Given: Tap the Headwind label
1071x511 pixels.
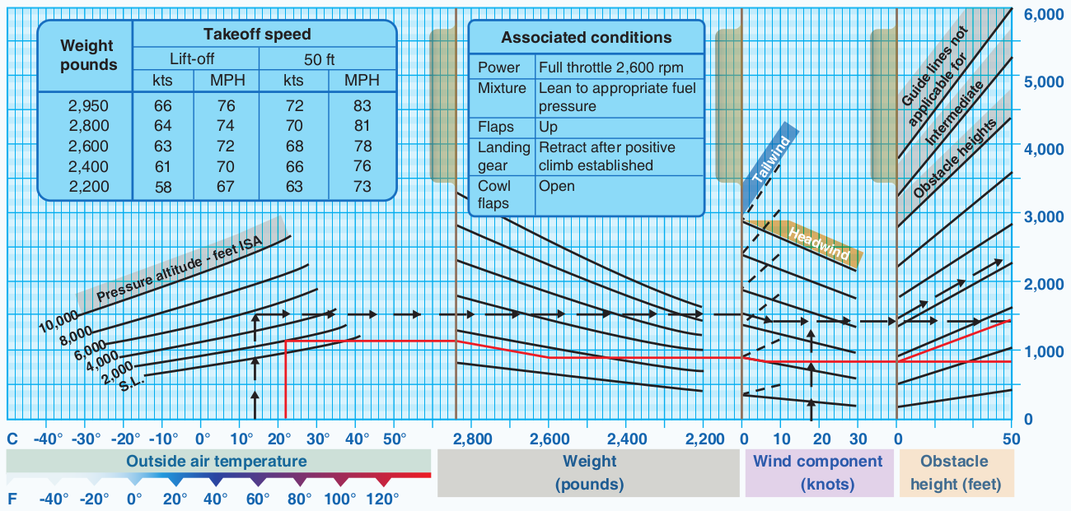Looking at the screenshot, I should click(818, 243).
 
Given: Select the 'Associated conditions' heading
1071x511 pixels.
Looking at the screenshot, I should click(586, 37).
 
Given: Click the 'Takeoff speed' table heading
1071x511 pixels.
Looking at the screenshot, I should click(257, 34).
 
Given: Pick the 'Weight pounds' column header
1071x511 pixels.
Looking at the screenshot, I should click(88, 55).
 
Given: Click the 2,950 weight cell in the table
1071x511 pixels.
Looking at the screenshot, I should click(88, 106).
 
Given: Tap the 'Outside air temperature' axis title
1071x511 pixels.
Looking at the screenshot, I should click(216, 461).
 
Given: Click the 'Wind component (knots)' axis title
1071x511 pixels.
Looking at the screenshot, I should click(817, 472).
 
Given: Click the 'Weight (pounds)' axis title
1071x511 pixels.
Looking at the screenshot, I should click(589, 472).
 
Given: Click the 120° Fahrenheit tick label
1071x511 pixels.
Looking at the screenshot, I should click(382, 499).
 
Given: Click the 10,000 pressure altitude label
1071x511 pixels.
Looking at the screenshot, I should click(58, 322).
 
